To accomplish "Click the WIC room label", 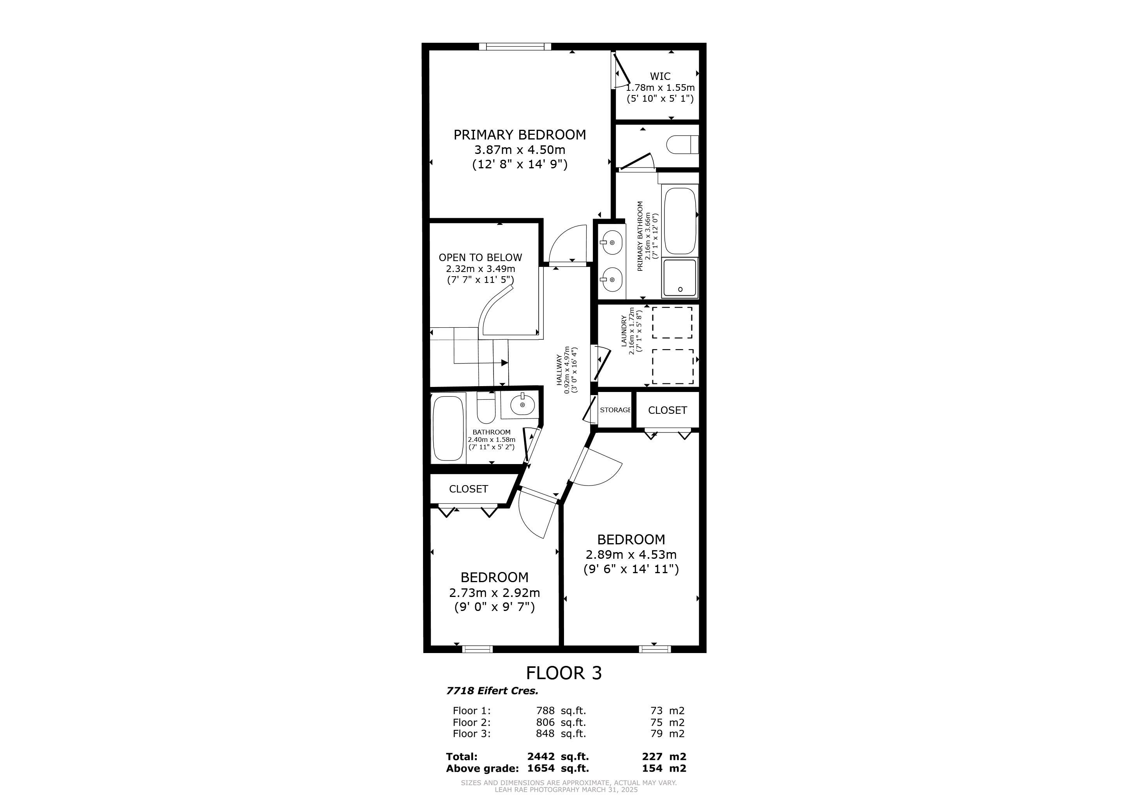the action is [x=660, y=76].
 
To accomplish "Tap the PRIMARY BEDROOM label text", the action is [x=520, y=135].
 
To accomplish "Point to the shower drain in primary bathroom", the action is [x=680, y=290].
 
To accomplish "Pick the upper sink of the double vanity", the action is [x=611, y=243].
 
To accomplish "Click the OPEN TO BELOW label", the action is [x=480, y=258].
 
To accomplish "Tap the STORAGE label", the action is [x=615, y=410].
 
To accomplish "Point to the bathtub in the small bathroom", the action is [x=448, y=429].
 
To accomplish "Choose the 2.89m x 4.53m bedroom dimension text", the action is [x=631, y=555].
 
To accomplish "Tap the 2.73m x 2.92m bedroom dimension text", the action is [x=494, y=593].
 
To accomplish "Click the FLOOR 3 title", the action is [x=564, y=673].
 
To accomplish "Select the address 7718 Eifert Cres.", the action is [x=492, y=690].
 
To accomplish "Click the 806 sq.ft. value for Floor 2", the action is [x=560, y=722].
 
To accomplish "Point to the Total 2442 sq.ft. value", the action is [x=558, y=757].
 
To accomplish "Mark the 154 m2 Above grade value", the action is [x=664, y=768].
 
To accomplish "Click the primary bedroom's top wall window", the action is [x=515, y=47].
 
